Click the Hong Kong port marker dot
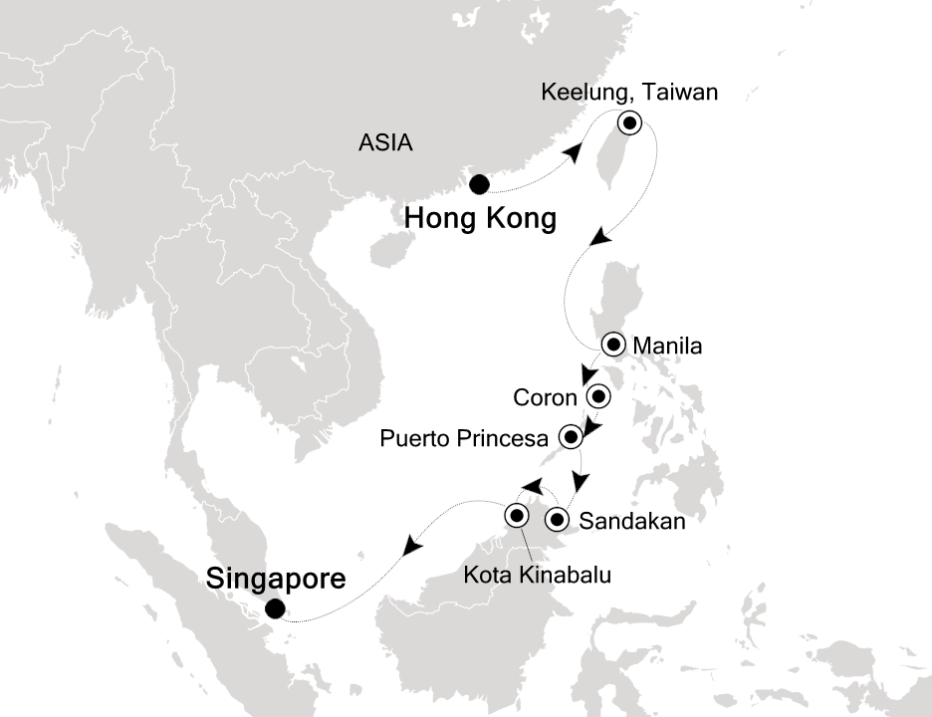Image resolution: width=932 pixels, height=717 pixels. click(x=479, y=184)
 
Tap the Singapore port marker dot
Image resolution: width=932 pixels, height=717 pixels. click(x=274, y=609)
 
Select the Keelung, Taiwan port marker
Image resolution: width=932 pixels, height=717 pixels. click(x=630, y=123)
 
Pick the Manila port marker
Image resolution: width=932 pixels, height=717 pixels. click(x=612, y=346)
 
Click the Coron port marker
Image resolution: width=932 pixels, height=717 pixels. click(x=598, y=396)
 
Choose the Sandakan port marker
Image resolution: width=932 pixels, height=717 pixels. click(x=558, y=519)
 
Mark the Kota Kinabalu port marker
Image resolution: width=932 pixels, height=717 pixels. click(x=517, y=515)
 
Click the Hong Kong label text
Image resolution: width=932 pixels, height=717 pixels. click(x=480, y=219)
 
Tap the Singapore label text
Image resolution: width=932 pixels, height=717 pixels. click(x=276, y=578)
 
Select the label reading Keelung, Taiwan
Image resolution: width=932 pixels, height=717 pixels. click(x=628, y=93)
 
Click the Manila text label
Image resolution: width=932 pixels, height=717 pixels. click(x=667, y=348)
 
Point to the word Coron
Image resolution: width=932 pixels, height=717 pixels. click(x=546, y=398)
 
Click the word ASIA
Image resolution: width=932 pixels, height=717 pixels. click(x=385, y=143)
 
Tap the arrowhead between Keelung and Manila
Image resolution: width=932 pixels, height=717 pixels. click(x=597, y=238)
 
